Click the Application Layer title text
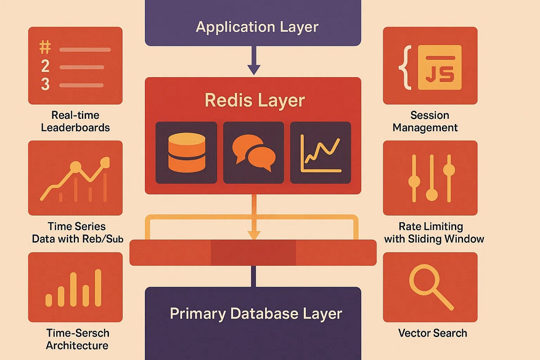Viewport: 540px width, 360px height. (257, 27)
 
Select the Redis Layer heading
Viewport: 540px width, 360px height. (255, 100)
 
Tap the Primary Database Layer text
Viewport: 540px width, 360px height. (256, 313)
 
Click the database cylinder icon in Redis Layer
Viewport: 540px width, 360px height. (186, 153)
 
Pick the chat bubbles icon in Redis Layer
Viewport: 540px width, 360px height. (253, 153)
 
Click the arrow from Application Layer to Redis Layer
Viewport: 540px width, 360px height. (254, 61)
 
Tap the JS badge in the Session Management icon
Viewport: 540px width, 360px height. (440, 67)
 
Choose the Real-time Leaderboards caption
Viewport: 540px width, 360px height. (75, 121)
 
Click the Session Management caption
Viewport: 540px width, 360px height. (425, 121)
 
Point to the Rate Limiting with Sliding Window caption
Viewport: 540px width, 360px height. (434, 232)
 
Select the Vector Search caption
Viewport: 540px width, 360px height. (432, 333)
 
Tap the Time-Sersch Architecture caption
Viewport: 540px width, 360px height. (77, 339)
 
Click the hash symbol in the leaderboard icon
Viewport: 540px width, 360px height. (45, 48)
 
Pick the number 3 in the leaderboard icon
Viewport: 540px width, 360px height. (45, 84)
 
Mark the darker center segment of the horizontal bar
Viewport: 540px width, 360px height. (253, 252)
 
